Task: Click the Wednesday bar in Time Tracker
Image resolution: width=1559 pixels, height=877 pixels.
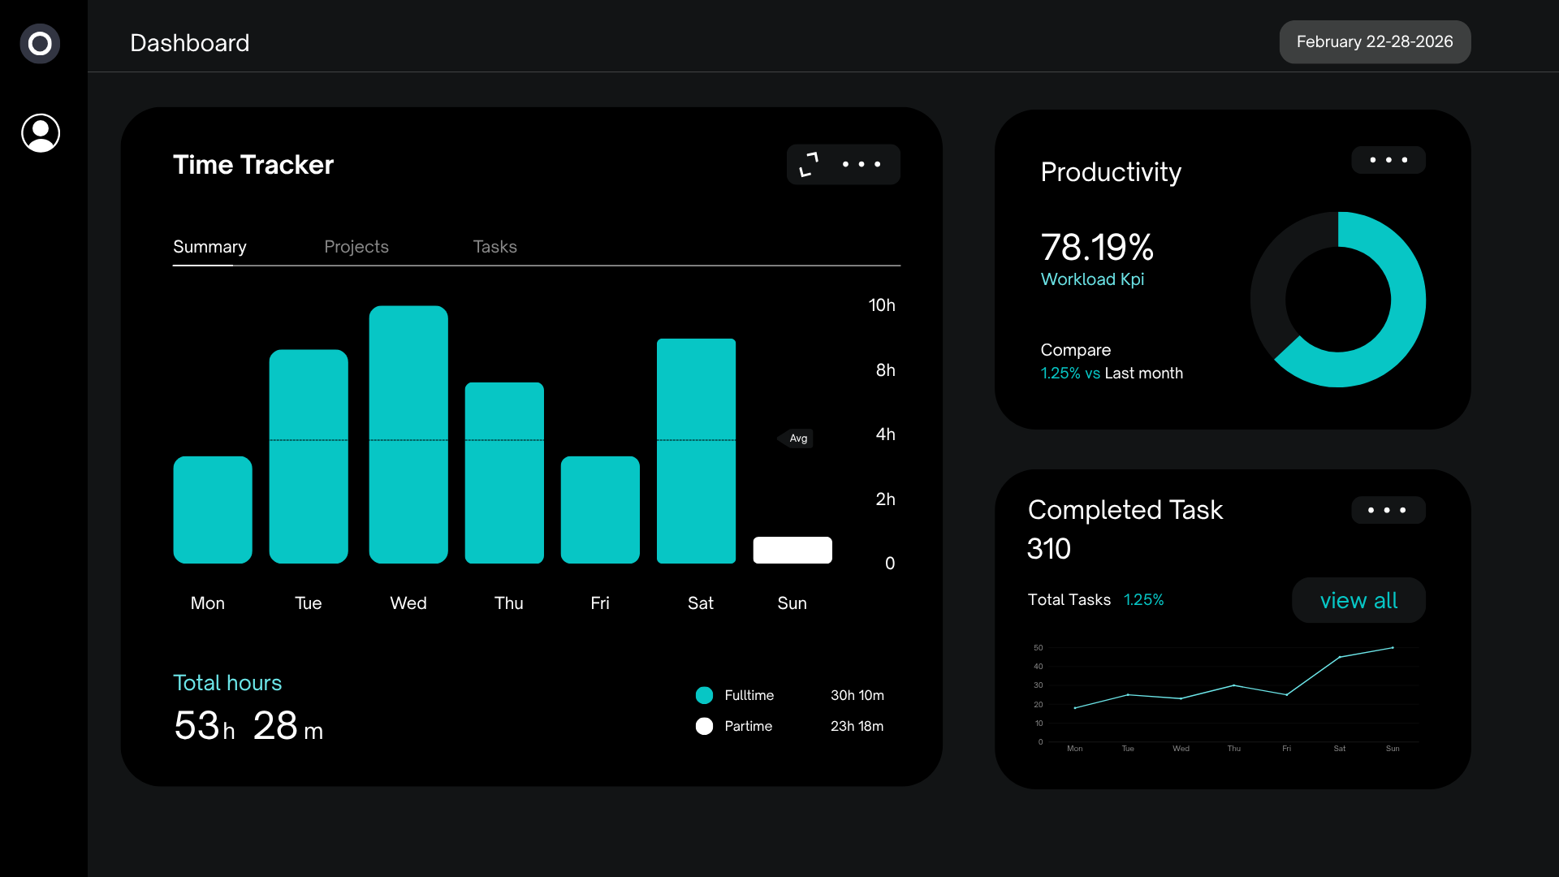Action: tap(408, 434)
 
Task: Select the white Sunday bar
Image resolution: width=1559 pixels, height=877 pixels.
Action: tap(792, 550)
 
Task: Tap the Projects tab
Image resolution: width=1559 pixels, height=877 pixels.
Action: tap(356, 247)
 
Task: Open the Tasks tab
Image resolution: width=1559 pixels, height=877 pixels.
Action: tap(494, 247)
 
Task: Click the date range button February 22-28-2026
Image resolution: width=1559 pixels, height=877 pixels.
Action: tap(1375, 42)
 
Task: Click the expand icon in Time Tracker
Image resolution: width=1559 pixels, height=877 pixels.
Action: tap(809, 164)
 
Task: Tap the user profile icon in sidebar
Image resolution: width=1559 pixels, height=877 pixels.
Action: tap(41, 133)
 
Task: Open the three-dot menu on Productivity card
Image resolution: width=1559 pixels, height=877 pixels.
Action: tap(1388, 160)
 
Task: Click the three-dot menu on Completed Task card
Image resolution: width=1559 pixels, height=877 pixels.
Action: tap(1387, 510)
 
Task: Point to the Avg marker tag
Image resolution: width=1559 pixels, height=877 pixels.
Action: tap(797, 438)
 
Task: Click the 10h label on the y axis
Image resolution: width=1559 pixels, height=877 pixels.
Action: tap(882, 305)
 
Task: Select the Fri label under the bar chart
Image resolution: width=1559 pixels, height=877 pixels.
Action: tap(600, 603)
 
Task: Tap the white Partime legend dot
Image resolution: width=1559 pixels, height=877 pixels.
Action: tap(704, 726)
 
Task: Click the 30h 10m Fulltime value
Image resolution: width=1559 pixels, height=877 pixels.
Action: tap(857, 695)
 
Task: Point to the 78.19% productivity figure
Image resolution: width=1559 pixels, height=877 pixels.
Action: tap(1097, 247)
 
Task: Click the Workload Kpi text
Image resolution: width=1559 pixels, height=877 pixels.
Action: tap(1092, 279)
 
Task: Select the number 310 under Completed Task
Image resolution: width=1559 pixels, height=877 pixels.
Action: tap(1048, 549)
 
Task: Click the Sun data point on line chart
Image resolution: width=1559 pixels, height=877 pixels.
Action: tap(1393, 648)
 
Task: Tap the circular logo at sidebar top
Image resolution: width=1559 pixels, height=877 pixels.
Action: tap(40, 44)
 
